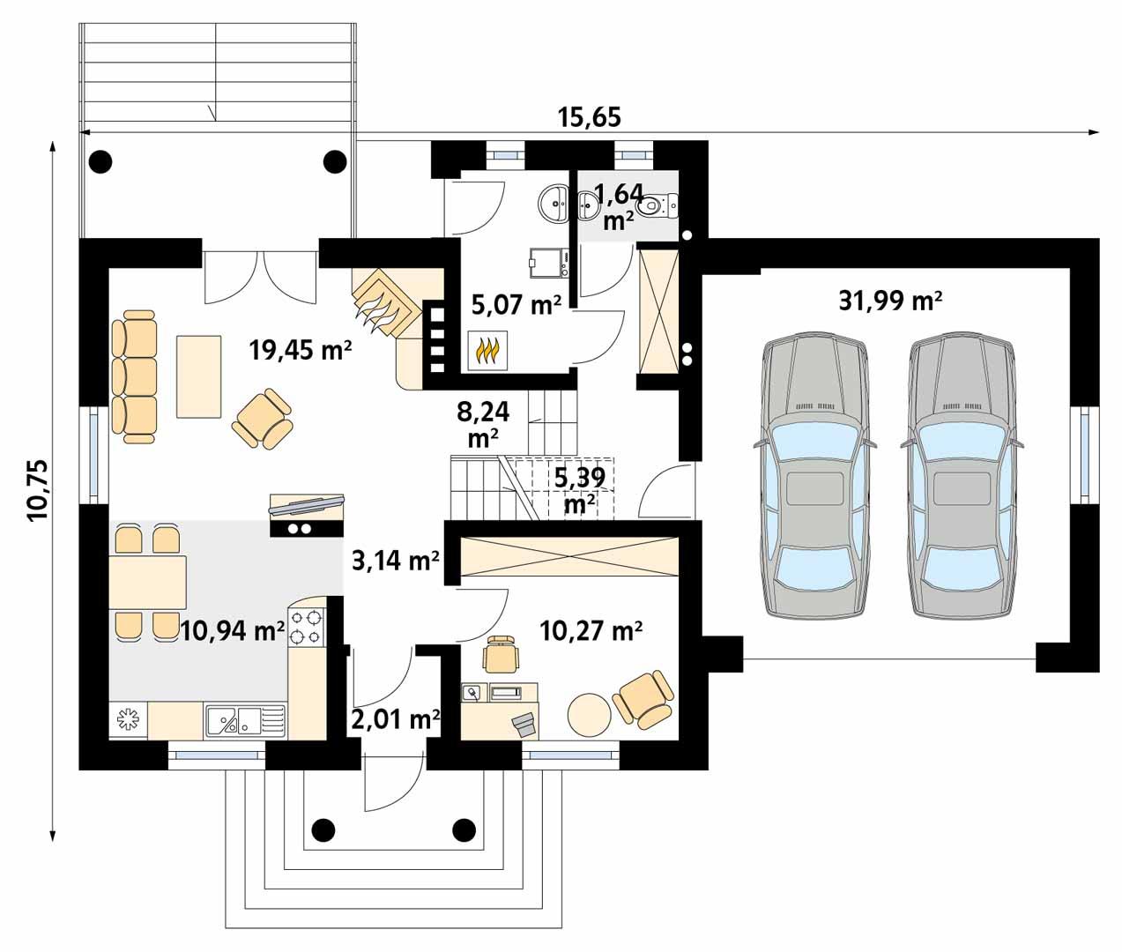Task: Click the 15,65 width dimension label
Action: (x=590, y=116)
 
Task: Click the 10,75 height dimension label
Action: (x=41, y=490)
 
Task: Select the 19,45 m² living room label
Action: (x=301, y=351)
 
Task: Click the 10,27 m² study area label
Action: (x=590, y=630)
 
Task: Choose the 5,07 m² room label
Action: (x=516, y=305)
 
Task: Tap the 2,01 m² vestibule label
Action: (x=396, y=720)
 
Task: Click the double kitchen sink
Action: (x=246, y=720)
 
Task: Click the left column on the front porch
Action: (x=323, y=829)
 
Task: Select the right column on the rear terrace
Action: (x=334, y=161)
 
